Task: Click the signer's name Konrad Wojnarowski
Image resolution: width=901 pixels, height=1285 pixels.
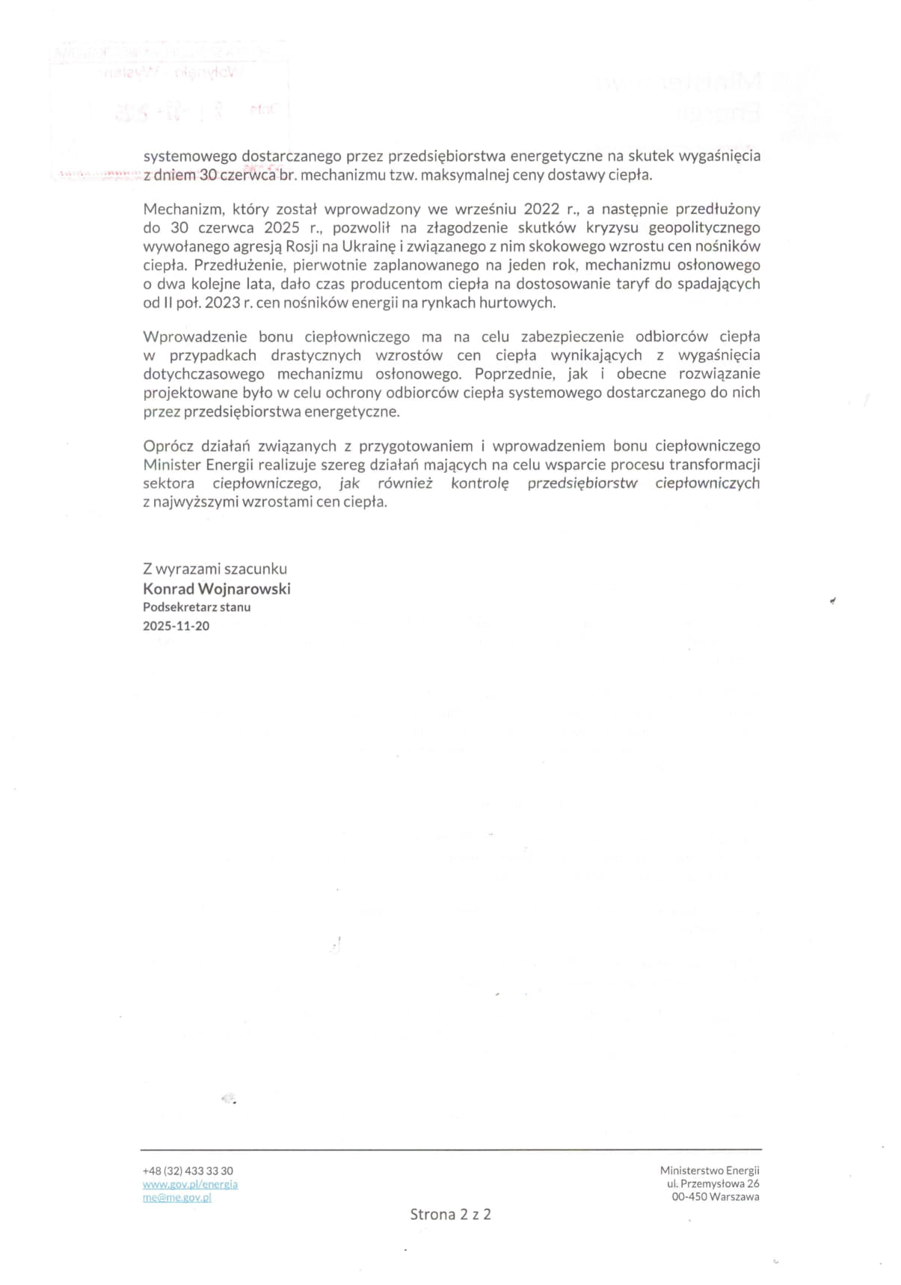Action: pos(216,589)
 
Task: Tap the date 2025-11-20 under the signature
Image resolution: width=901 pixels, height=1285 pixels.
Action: pos(176,626)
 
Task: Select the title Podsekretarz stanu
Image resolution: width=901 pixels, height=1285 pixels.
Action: pos(197,607)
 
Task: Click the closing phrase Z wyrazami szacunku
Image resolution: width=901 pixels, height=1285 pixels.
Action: pos(215,568)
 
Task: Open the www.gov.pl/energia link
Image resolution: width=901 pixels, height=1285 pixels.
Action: pos(190,1184)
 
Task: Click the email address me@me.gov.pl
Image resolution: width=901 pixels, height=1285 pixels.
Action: pos(176,1197)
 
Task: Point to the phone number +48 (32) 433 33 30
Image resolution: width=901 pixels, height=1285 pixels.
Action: pos(188,1171)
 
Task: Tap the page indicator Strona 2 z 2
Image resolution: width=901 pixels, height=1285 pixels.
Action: pos(450,1214)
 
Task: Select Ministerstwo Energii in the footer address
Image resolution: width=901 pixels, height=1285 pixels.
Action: pos(709,1170)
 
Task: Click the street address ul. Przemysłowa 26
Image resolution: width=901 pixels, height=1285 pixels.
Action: pos(713,1183)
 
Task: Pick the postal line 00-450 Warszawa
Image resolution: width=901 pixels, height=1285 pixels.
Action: pos(715,1197)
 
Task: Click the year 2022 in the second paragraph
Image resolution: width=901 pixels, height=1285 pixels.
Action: pos(541,209)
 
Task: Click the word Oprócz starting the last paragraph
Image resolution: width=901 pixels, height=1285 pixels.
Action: pos(167,446)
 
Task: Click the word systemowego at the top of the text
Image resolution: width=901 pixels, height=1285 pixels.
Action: pos(189,156)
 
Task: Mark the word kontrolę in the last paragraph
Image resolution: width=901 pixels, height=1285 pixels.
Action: pos(479,483)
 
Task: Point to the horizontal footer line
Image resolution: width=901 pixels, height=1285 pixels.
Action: pos(451,1149)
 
